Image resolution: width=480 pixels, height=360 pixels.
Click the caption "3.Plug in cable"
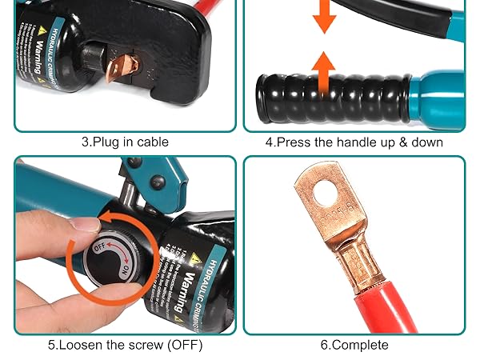point(125,142)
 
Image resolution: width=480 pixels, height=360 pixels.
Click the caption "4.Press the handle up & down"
point(354,142)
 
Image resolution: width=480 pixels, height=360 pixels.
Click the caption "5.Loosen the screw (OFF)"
point(125,346)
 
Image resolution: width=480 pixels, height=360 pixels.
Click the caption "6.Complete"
point(354,346)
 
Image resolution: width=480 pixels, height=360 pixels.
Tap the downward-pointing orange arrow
point(324,17)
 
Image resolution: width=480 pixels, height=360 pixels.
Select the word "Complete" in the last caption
point(360,346)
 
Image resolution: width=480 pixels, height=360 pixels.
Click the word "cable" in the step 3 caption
point(151,142)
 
